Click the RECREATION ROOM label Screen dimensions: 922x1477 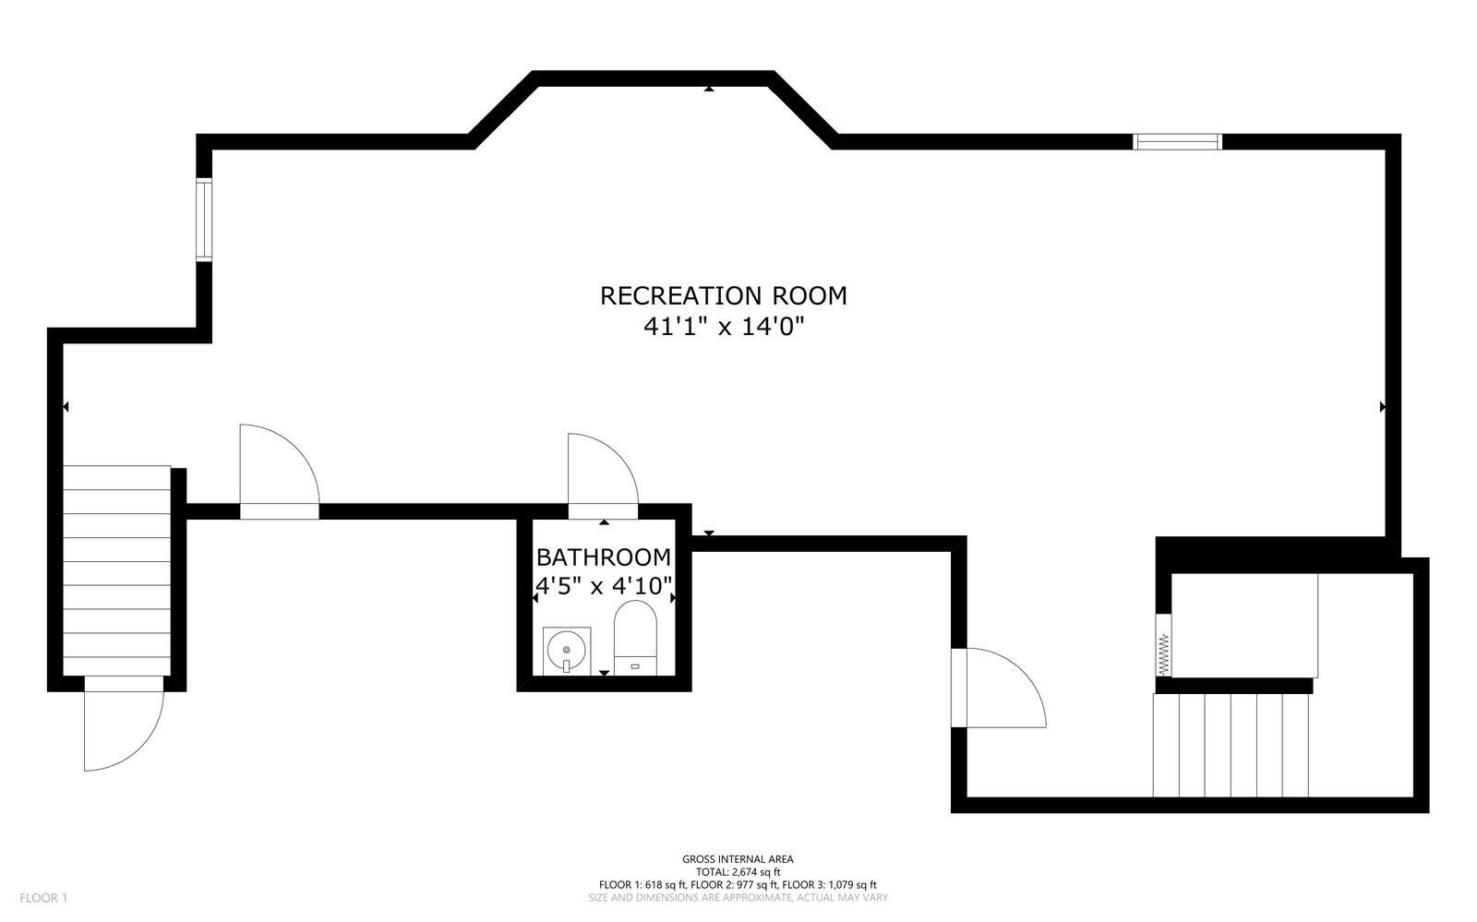[x=723, y=295]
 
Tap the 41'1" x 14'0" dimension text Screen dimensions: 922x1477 [x=723, y=327]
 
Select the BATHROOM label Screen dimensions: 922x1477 [x=604, y=557]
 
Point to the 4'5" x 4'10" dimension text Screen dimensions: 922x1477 [x=604, y=585]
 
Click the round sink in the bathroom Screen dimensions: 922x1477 [x=565, y=650]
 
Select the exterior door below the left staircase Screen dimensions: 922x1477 [x=122, y=724]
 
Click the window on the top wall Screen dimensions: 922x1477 [x=1177, y=141]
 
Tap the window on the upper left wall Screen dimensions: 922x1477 [x=203, y=220]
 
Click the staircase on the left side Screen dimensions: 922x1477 [x=117, y=572]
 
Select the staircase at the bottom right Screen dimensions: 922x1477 [x=1231, y=746]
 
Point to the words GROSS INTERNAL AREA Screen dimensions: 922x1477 [x=738, y=859]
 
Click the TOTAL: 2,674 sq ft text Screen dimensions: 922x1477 [x=738, y=872]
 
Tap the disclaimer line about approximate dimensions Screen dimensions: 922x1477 [x=738, y=897]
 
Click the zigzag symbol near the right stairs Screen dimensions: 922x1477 [x=1163, y=653]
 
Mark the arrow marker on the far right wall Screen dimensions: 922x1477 [x=1382, y=406]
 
